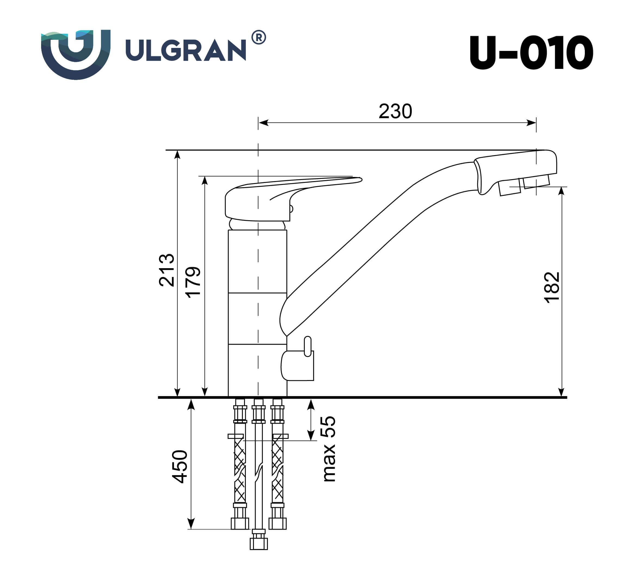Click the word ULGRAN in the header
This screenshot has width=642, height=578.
tap(186, 50)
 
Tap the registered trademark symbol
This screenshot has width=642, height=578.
tap(259, 38)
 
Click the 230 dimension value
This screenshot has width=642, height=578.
tap(395, 111)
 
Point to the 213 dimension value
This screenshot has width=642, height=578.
tap(167, 270)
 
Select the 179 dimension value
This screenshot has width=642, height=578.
tap(193, 282)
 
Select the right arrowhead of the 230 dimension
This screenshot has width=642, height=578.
tap(531, 123)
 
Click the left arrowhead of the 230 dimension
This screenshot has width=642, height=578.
tap(263, 123)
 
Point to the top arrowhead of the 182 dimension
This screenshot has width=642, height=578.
tap(562, 191)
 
